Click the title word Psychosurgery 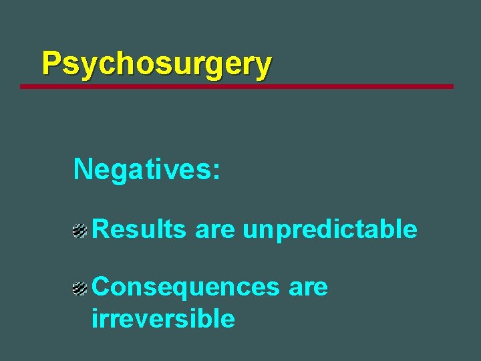click(x=156, y=64)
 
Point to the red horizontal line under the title click(x=236, y=86)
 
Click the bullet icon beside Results click(x=80, y=231)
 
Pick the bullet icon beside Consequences click(x=80, y=289)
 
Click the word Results click(x=139, y=229)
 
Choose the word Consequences click(x=185, y=287)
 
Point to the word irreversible click(x=163, y=319)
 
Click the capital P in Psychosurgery click(x=51, y=64)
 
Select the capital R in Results click(x=100, y=229)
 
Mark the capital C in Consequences click(x=102, y=287)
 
